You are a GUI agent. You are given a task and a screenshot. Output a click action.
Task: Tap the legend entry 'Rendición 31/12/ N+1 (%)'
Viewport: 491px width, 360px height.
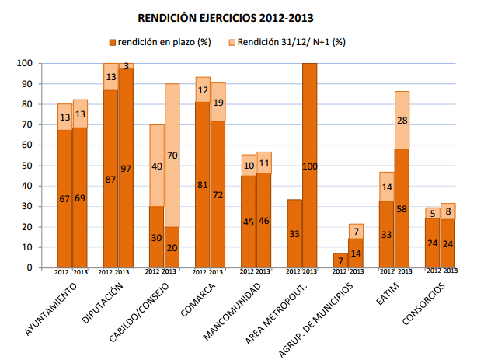(288, 41)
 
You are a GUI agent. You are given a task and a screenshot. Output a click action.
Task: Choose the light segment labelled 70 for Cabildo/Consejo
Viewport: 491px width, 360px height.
(172, 155)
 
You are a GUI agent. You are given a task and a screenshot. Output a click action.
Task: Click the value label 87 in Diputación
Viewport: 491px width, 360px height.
(111, 180)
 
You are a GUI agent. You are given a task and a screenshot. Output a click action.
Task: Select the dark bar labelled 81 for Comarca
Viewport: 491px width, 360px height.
(203, 184)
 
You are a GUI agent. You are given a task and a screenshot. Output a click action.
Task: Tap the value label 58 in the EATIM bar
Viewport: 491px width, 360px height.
(402, 210)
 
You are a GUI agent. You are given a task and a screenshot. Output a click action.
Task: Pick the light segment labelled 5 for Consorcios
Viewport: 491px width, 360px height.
(433, 212)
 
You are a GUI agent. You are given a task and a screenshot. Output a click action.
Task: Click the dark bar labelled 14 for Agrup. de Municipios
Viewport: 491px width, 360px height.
(356, 253)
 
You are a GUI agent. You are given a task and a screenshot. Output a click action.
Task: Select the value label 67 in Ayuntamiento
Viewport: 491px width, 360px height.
(64, 199)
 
